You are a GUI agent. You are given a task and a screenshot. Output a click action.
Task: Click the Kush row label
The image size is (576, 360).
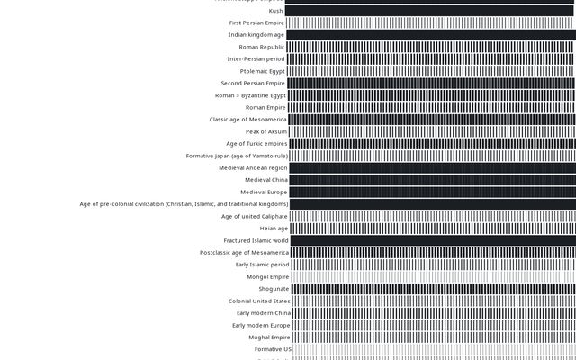pyautogui.click(x=275, y=11)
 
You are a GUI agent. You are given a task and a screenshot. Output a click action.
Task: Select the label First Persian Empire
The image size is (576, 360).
pyautogui.click(x=256, y=22)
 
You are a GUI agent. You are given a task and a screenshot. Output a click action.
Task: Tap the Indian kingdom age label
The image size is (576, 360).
pyautogui.click(x=256, y=35)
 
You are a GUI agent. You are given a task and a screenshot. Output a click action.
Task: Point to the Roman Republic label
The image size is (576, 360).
pyautogui.click(x=261, y=47)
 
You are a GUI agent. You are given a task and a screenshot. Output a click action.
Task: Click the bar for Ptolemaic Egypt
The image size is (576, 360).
pyautogui.click(x=432, y=71)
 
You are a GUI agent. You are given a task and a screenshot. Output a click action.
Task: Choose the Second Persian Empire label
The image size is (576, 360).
pyautogui.click(x=253, y=83)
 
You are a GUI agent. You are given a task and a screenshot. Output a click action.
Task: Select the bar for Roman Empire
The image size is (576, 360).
pyautogui.click(x=432, y=107)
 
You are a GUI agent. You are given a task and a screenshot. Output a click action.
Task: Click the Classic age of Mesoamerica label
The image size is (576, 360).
pyautogui.click(x=247, y=120)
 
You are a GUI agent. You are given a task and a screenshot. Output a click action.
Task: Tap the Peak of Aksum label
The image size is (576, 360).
pyautogui.click(x=266, y=131)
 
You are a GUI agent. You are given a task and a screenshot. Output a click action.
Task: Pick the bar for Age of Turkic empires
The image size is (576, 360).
pyautogui.click(x=432, y=143)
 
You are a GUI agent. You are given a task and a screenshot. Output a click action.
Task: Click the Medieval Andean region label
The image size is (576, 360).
pyautogui.click(x=253, y=167)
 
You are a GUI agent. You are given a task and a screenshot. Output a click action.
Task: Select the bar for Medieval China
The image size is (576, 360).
pyautogui.click(x=432, y=180)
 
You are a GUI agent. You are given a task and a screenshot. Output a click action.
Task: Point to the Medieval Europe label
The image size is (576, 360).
pyautogui.click(x=264, y=192)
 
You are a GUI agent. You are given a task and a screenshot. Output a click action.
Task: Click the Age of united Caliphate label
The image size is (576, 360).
pyautogui.click(x=255, y=216)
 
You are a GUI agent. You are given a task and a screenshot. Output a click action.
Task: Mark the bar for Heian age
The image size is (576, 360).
pyautogui.click(x=432, y=229)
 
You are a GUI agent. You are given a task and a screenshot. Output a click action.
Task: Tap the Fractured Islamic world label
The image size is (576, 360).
pyautogui.click(x=256, y=240)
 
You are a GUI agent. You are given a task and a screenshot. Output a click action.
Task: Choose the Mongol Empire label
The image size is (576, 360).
pyautogui.click(x=268, y=277)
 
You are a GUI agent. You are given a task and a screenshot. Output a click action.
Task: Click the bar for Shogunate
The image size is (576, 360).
pyautogui.click(x=432, y=289)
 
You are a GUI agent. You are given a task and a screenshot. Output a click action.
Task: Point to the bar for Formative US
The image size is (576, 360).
pyautogui.click(x=432, y=349)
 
